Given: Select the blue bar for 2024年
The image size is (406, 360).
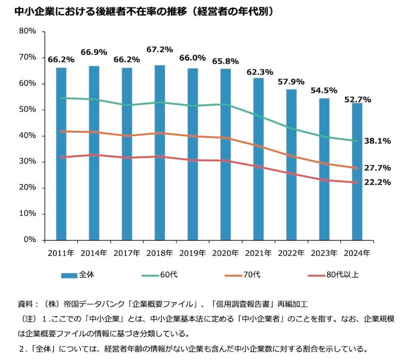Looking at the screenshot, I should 357,170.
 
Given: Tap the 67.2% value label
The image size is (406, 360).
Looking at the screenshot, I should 160,50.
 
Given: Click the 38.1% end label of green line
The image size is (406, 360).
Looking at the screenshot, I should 378,141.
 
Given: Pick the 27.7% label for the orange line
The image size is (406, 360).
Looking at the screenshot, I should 378,168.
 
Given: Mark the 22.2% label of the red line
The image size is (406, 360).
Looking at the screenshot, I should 378,183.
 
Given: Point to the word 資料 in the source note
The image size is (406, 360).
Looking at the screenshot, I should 25,304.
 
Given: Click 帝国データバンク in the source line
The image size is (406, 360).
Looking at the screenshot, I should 92,304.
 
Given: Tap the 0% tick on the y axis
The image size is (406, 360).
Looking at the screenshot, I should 30,240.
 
